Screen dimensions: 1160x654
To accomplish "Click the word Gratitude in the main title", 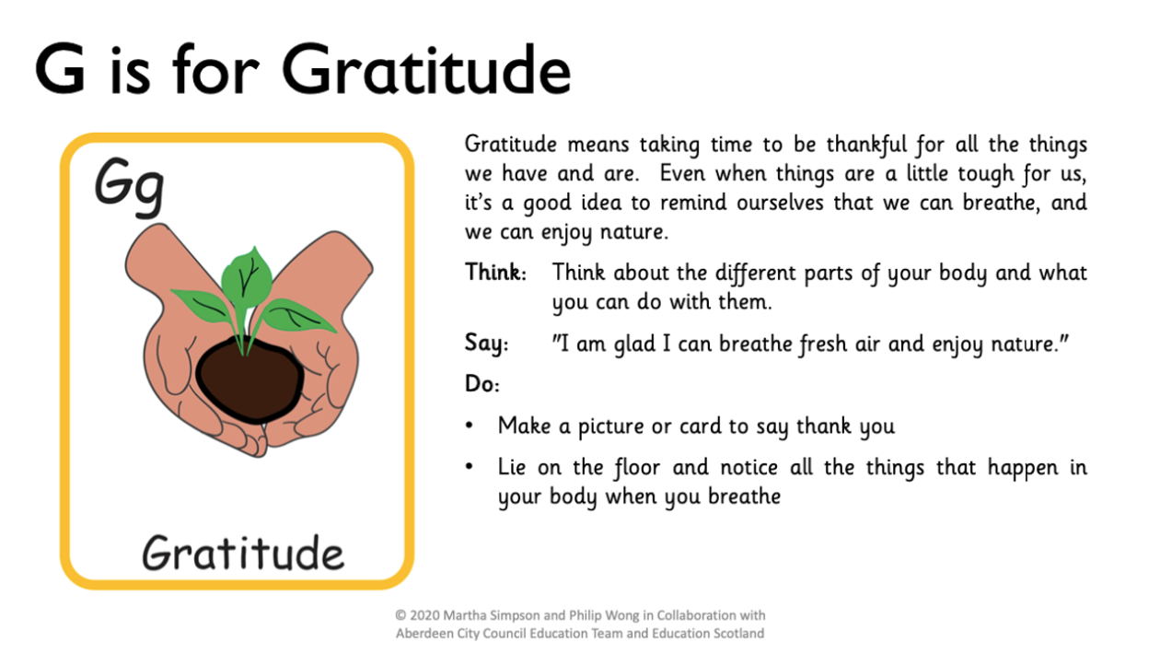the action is (x=425, y=69).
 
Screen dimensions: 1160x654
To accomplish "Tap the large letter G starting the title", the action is (x=60, y=69).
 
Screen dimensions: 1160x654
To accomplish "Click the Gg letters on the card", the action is (x=130, y=187).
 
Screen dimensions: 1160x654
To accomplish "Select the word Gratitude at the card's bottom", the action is (x=243, y=553).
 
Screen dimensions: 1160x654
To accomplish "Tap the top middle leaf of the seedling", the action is (x=247, y=277).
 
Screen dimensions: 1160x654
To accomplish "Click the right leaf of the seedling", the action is (x=297, y=315).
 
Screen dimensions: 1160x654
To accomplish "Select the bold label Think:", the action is (x=495, y=272).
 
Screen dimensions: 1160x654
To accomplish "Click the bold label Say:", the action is (x=487, y=344).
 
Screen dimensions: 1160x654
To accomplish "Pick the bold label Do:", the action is (x=482, y=384).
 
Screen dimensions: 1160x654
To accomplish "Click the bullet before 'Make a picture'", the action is (x=470, y=426).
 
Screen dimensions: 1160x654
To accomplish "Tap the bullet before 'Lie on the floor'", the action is (x=470, y=467).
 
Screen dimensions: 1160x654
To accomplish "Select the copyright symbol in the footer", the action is (x=400, y=615).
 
